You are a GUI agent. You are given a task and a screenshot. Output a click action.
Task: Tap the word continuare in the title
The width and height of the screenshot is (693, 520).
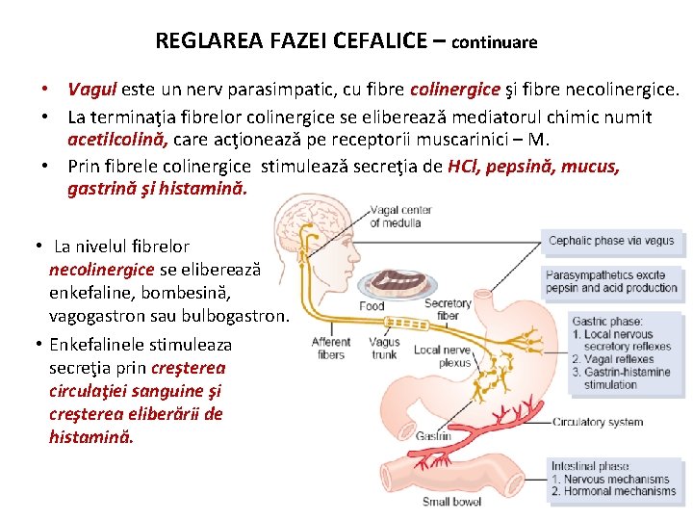click(494, 43)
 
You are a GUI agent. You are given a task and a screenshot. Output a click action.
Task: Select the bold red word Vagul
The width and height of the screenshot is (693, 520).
click(92, 90)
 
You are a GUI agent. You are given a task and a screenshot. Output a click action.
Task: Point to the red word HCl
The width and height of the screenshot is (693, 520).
click(462, 166)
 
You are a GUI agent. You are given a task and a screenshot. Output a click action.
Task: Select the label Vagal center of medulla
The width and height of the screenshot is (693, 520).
click(399, 217)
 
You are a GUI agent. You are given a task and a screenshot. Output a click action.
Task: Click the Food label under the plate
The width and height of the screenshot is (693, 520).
click(372, 306)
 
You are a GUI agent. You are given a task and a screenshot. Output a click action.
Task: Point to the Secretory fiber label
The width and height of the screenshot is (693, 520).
click(448, 308)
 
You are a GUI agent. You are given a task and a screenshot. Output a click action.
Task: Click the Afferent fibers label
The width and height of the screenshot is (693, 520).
click(331, 348)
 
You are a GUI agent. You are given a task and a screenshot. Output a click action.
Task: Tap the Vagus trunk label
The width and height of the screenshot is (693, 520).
click(384, 348)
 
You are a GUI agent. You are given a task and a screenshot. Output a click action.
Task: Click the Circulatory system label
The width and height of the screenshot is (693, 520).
click(598, 422)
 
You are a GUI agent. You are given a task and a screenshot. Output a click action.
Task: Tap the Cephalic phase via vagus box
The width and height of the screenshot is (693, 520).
click(611, 241)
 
